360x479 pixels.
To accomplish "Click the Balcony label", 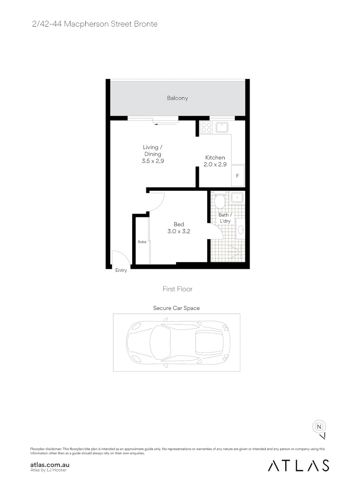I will (x=178, y=98).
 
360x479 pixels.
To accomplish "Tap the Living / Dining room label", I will (x=152, y=150).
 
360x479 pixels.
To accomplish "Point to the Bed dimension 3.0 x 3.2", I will (x=179, y=231).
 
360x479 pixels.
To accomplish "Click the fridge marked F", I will (x=237, y=176).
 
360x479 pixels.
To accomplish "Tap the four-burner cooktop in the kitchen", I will (x=206, y=128).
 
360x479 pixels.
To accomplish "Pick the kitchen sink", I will (x=222, y=128).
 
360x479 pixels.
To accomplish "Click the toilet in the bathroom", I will (x=219, y=201).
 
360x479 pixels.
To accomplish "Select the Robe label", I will (x=142, y=242).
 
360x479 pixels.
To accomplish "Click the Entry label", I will (x=121, y=271).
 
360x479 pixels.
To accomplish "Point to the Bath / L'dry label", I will (x=225, y=218).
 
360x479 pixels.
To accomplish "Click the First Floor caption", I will (x=178, y=289).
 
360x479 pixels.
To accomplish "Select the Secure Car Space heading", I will (x=176, y=308).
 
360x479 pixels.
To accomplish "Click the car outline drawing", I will (x=176, y=342).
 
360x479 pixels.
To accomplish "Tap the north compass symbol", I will (x=319, y=427).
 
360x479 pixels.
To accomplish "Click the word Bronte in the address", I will (x=146, y=24).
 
